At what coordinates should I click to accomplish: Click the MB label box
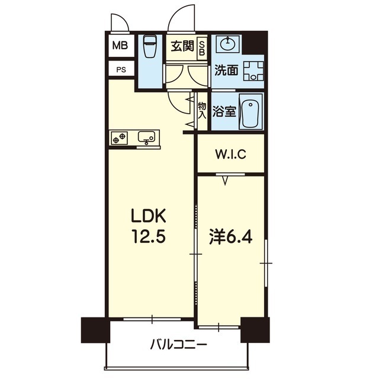120,45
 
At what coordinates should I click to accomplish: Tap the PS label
120,70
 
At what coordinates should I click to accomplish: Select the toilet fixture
150,47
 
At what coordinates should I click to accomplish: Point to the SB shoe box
201,47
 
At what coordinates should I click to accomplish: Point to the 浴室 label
224,111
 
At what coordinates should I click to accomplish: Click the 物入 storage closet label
201,111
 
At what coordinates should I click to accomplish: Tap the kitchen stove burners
118,137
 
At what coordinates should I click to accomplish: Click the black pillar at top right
256,43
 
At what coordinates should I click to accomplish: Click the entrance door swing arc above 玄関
182,18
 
